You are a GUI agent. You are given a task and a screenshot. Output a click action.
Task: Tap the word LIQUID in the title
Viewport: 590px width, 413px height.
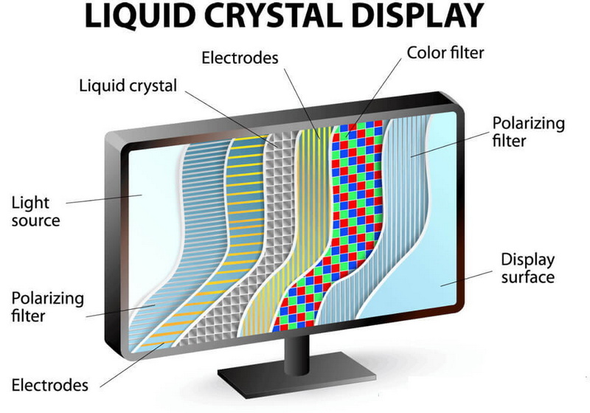[139, 17]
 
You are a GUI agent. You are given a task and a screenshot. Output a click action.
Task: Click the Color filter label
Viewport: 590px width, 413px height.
[445, 52]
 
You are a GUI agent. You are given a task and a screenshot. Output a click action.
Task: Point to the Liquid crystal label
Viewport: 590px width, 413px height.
[128, 86]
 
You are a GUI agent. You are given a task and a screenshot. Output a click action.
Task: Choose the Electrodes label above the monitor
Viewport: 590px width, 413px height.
[240, 58]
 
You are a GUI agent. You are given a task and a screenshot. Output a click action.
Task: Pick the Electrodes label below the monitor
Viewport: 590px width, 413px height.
[49, 385]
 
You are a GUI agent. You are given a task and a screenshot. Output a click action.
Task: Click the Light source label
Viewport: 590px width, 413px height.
[35, 212]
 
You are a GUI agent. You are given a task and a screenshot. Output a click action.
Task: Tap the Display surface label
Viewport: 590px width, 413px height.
[527, 268]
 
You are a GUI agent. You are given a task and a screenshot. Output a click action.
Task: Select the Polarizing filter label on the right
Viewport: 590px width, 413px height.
[528, 132]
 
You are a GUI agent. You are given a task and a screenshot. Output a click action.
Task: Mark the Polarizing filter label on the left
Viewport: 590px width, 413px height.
[47, 307]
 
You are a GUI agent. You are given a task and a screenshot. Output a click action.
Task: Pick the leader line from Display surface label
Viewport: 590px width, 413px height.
[467, 278]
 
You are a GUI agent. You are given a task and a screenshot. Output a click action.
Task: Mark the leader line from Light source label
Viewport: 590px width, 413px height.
[104, 199]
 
